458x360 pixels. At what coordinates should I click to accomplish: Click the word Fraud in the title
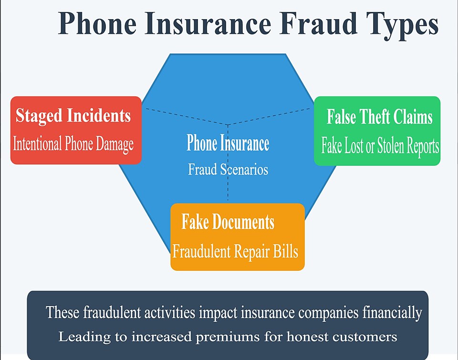(x=318, y=23)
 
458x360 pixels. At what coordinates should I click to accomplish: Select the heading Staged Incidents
(x=73, y=115)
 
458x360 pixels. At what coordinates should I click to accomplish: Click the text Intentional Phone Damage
(x=73, y=144)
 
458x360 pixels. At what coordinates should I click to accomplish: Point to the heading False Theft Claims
(x=379, y=116)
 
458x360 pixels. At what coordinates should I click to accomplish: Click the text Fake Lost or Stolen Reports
(x=380, y=145)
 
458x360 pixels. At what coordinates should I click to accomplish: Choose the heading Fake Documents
(x=228, y=222)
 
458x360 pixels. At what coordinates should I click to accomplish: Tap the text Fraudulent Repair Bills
(x=235, y=251)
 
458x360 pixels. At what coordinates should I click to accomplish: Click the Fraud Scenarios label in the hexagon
(x=228, y=169)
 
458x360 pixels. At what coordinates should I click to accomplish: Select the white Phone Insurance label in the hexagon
(x=228, y=143)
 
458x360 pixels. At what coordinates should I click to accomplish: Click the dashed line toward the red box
(x=187, y=116)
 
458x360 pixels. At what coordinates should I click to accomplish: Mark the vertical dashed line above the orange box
(x=228, y=163)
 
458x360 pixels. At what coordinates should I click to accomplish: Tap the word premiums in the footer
(x=228, y=337)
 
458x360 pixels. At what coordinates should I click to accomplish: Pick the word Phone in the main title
(x=97, y=23)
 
